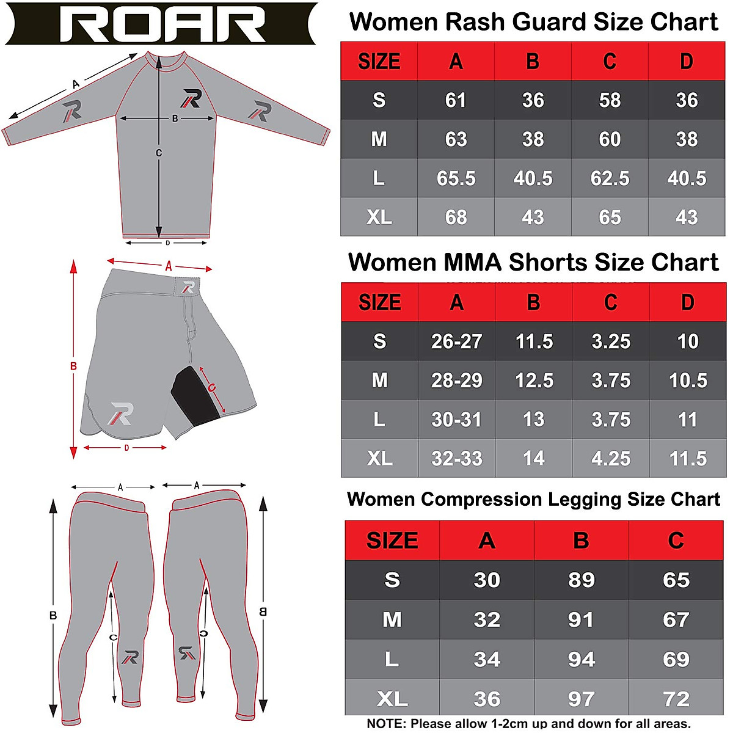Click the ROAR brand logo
(x=162, y=24)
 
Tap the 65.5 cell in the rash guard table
(x=456, y=178)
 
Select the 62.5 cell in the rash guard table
(x=610, y=178)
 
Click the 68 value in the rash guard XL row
(x=456, y=217)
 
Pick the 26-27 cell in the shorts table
(x=456, y=341)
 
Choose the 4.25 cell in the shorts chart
(x=611, y=459)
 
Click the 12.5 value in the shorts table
(x=534, y=381)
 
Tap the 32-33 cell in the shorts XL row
(x=456, y=459)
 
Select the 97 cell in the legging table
(x=581, y=699)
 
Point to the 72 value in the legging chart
(x=676, y=699)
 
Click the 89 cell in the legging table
(x=581, y=580)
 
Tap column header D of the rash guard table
(x=687, y=62)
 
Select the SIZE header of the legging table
(x=392, y=541)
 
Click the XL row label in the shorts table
(x=379, y=459)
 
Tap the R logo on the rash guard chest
(x=192, y=98)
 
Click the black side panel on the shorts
(x=194, y=397)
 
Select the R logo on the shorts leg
(x=120, y=414)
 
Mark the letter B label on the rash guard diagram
(x=175, y=119)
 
